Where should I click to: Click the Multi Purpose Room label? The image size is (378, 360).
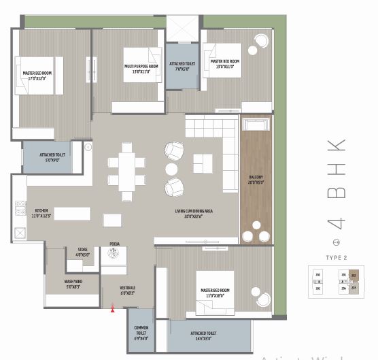coord(141,68)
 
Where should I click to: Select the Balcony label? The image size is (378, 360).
coord(256,180)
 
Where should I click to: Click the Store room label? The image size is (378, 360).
coord(82,252)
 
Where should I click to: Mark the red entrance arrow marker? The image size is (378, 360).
coord(112,309)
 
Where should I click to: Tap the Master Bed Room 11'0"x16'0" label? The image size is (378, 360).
coord(215,292)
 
